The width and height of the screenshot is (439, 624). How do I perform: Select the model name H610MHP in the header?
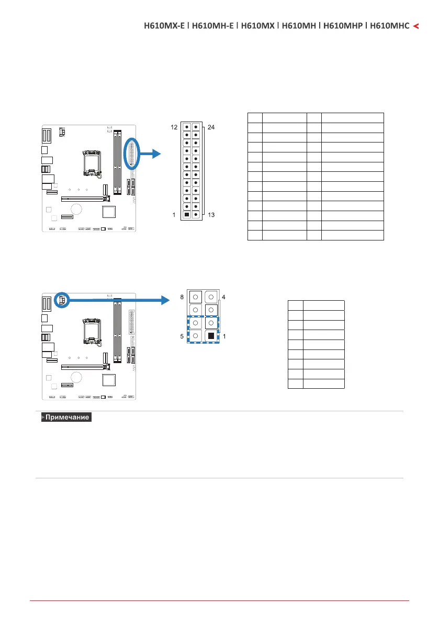click(x=342, y=25)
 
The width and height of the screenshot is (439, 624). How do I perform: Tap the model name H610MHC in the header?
click(x=389, y=25)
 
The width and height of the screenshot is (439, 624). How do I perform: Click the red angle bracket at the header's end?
click(x=416, y=25)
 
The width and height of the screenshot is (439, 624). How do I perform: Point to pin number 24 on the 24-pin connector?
click(x=211, y=127)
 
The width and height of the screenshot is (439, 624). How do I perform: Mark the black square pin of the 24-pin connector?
click(x=187, y=215)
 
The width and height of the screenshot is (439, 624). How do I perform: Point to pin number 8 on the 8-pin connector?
click(x=183, y=297)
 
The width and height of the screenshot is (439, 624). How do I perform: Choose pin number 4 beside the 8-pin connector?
click(x=224, y=297)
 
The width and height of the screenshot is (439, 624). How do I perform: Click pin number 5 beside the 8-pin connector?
click(x=183, y=336)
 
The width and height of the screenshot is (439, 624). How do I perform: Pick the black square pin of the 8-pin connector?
click(x=210, y=335)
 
